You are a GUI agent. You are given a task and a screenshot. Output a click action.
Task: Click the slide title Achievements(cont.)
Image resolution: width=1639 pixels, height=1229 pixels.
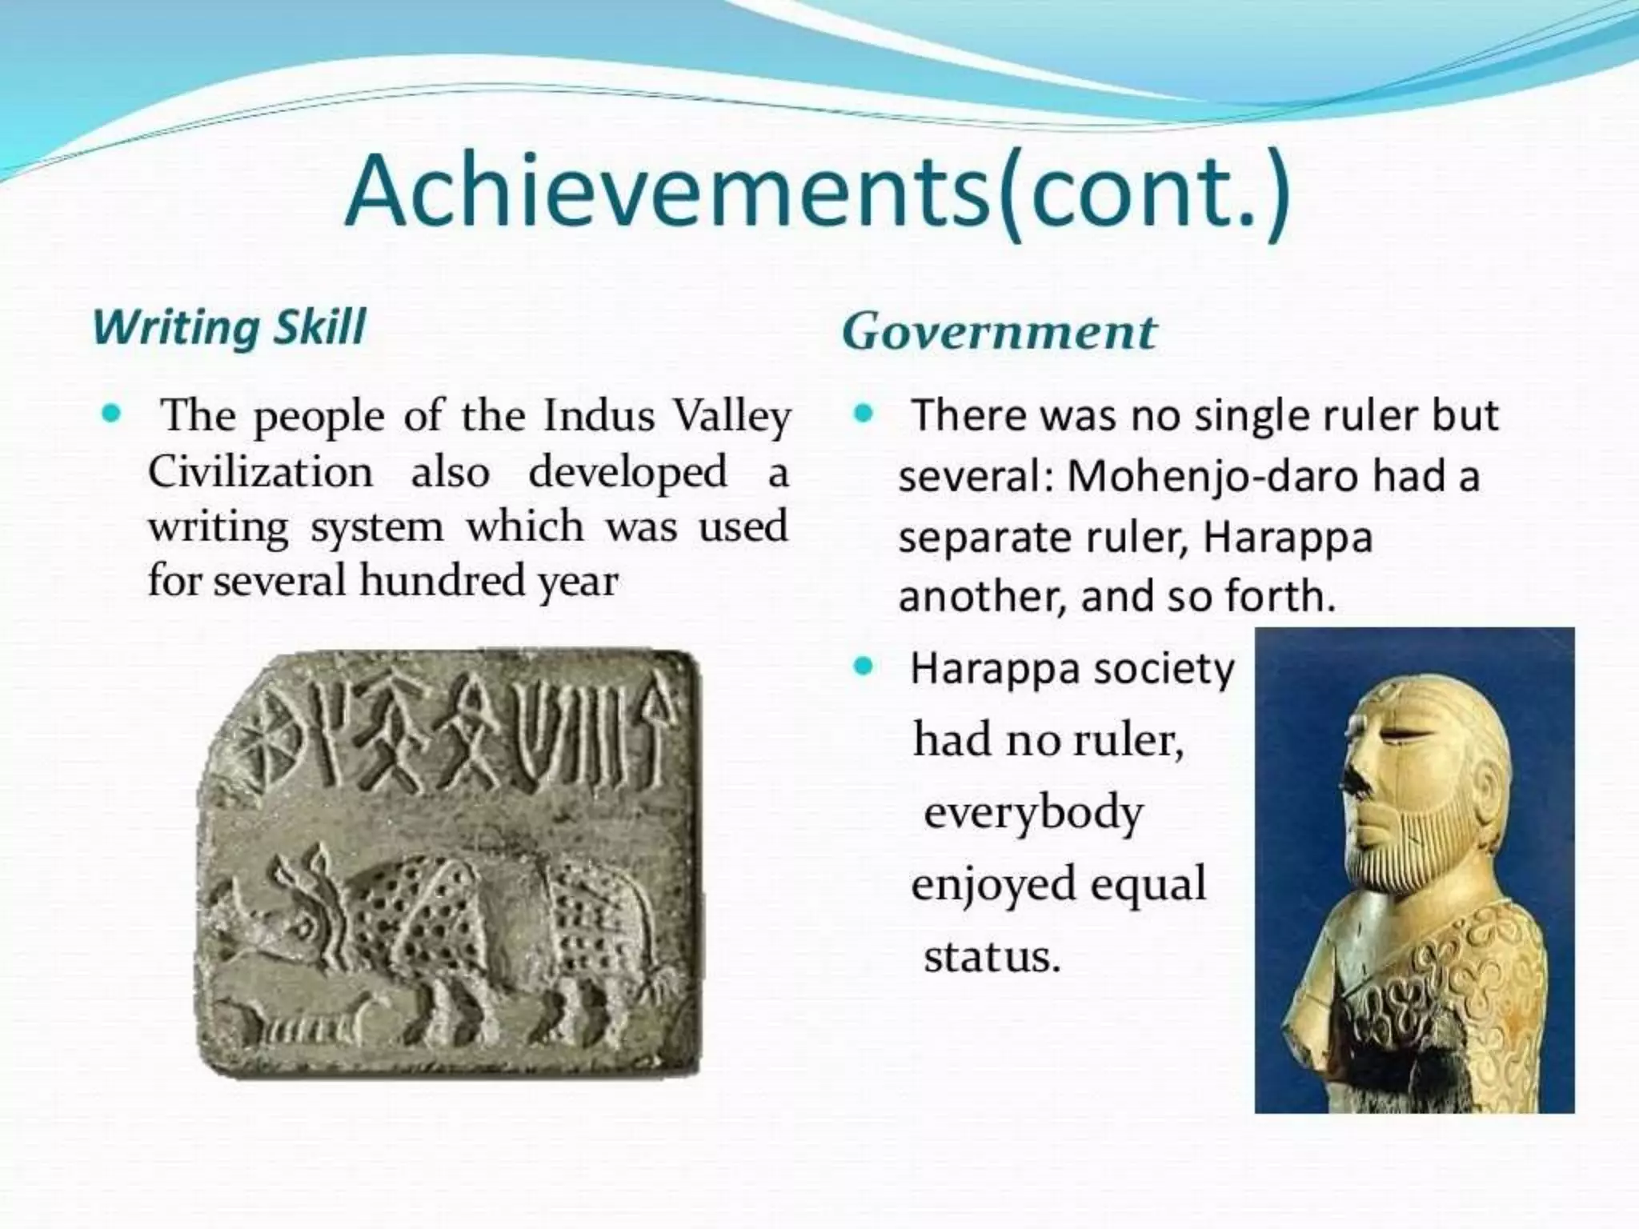(818, 194)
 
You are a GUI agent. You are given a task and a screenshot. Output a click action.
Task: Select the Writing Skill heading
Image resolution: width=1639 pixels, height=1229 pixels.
(230, 327)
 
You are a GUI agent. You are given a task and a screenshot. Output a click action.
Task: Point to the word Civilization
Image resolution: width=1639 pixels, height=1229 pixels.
(260, 471)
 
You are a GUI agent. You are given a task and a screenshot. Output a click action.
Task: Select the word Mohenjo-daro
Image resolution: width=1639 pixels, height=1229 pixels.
(1212, 476)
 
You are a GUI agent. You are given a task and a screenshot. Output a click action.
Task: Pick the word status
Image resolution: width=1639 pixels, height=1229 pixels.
(992, 956)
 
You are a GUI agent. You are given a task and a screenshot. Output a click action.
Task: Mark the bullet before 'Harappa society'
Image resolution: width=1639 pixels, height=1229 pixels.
(862, 667)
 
